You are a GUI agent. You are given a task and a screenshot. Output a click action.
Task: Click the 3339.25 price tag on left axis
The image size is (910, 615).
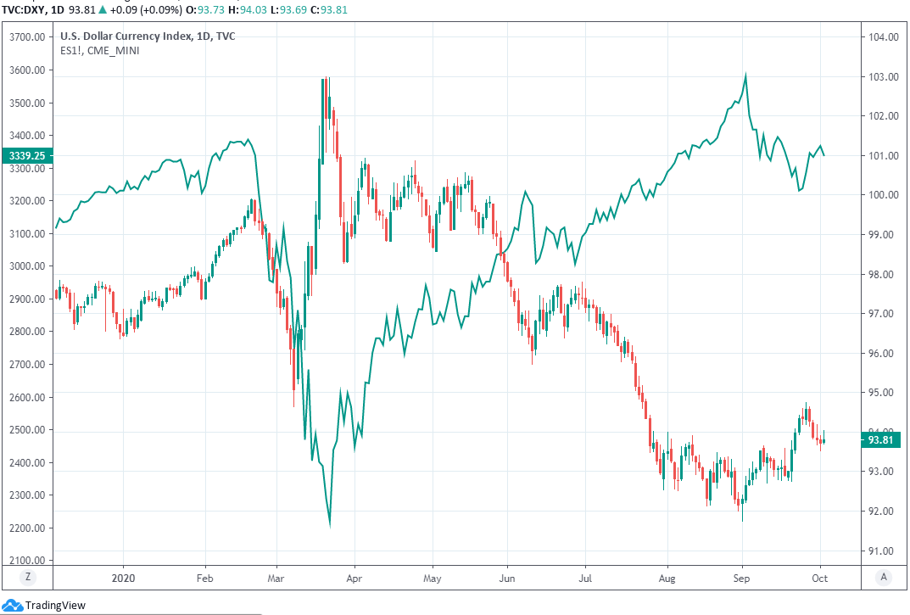click(x=27, y=155)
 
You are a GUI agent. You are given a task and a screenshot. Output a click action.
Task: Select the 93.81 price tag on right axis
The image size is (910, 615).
click(x=882, y=439)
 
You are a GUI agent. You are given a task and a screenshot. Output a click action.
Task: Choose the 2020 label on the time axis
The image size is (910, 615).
click(x=123, y=579)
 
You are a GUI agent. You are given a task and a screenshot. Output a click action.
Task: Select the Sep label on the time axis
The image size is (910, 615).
click(x=742, y=579)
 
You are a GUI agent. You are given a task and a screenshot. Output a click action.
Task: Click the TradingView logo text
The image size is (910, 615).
click(x=55, y=606)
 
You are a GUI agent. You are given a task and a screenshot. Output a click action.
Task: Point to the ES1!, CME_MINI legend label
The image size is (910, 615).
click(x=100, y=51)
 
